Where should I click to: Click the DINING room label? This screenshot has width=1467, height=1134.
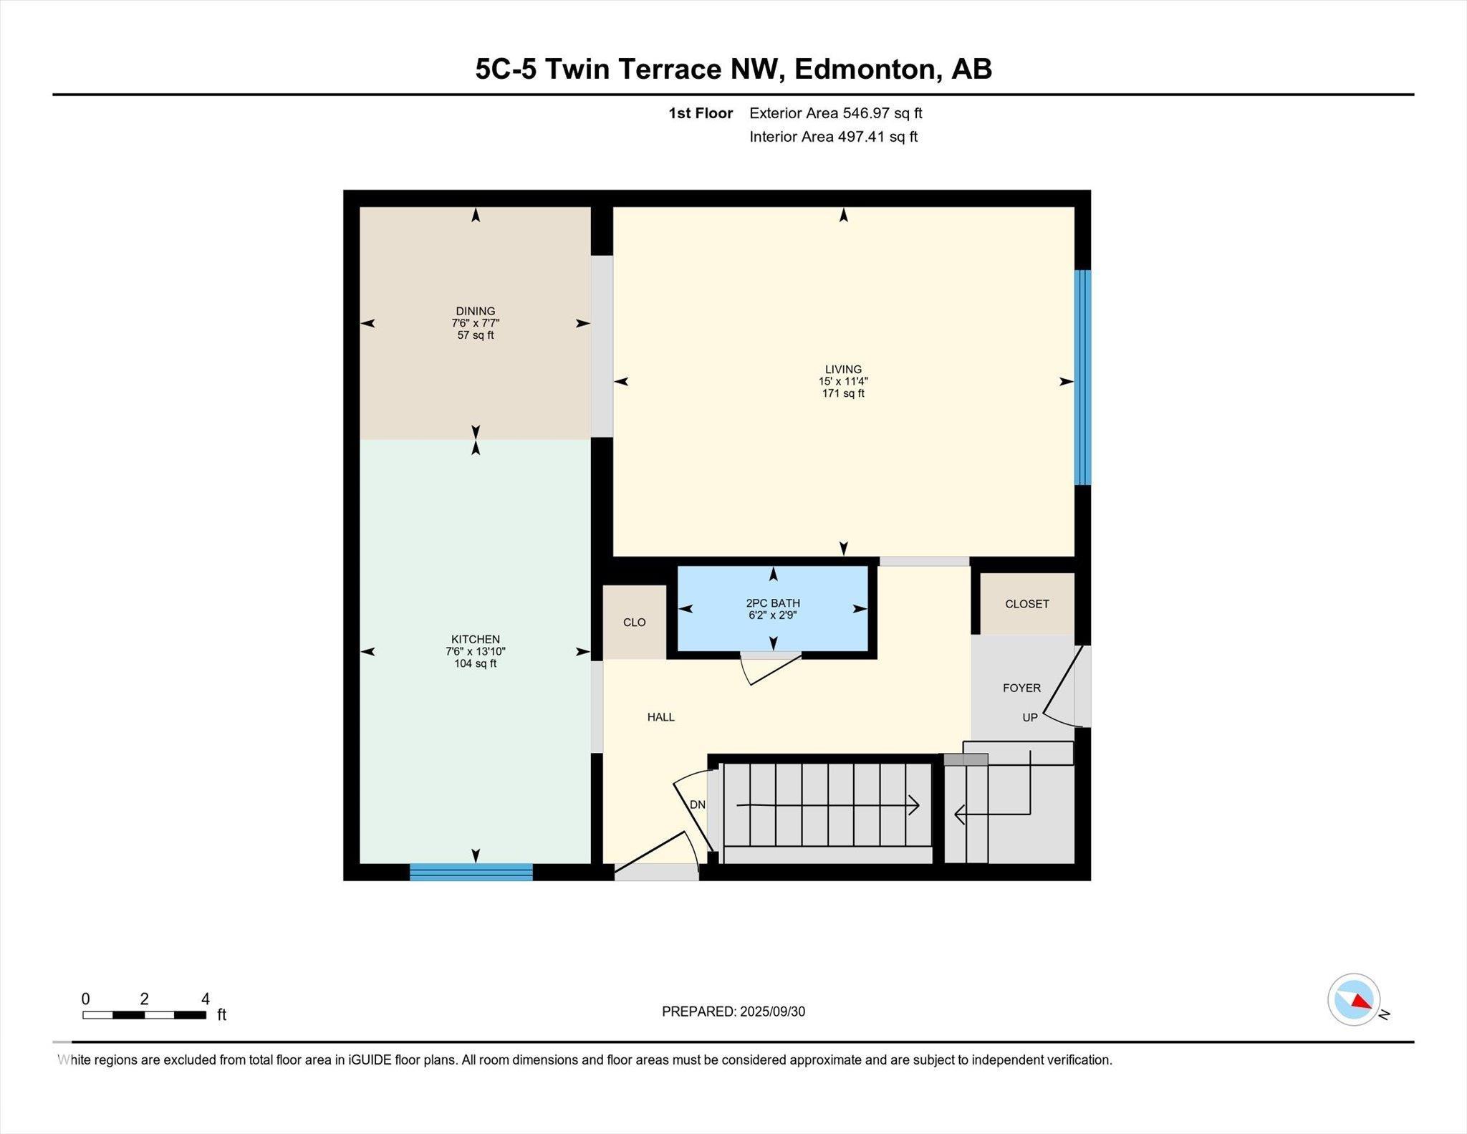pyautogui.click(x=475, y=311)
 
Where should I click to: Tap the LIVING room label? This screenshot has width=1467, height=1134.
pyautogui.click(x=843, y=370)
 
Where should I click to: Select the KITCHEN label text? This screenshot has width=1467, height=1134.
pyautogui.click(x=475, y=639)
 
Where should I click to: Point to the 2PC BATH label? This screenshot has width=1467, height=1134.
pyautogui.click(x=773, y=603)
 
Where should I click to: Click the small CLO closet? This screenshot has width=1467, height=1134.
pyautogui.click(x=635, y=622)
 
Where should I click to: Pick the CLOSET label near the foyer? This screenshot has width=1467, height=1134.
pyautogui.click(x=1026, y=604)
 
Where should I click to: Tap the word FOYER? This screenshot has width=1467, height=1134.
pyautogui.click(x=1021, y=688)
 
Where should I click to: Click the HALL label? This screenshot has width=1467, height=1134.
pyautogui.click(x=660, y=717)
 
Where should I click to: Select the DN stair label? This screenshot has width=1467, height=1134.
pyautogui.click(x=697, y=804)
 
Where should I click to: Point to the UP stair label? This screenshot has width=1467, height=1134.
pyautogui.click(x=1029, y=717)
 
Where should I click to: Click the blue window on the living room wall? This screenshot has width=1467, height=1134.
pyautogui.click(x=1082, y=378)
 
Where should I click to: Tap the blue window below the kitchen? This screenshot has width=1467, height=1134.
pyautogui.click(x=471, y=872)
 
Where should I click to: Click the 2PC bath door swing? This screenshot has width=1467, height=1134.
pyautogui.click(x=771, y=668)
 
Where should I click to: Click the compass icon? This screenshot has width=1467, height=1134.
pyautogui.click(x=1353, y=999)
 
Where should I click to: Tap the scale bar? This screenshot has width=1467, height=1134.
pyautogui.click(x=145, y=1014)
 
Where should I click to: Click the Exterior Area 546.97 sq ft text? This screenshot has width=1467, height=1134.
pyautogui.click(x=835, y=113)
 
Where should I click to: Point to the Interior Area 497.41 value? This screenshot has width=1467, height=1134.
pyautogui.click(x=877, y=137)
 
